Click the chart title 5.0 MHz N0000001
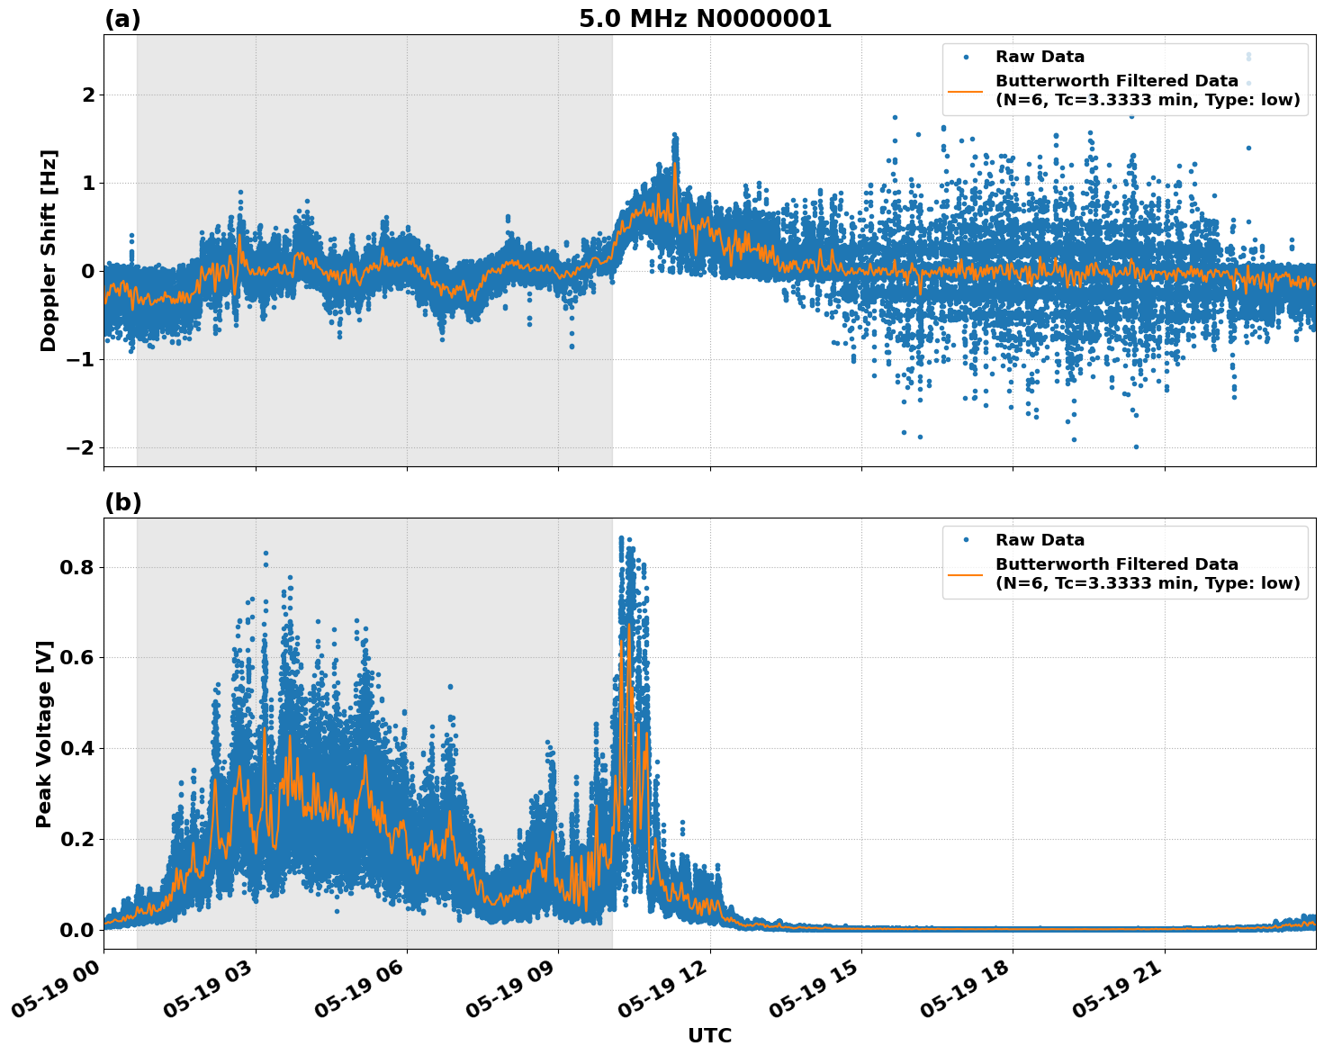tap(705, 19)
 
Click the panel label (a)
tap(122, 19)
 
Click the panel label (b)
tap(122, 502)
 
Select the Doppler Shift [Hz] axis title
tap(49, 250)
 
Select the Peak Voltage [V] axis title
tap(44, 734)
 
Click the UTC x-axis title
tap(709, 1035)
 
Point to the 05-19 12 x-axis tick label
tap(666, 994)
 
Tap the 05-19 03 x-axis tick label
tap(212, 994)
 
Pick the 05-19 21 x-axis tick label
tap(1121, 994)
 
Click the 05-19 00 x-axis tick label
tap(59, 994)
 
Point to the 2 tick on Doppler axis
tap(88, 95)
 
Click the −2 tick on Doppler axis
tap(80, 448)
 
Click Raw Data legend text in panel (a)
tap(1040, 57)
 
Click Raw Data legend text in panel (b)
tap(1040, 540)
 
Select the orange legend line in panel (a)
tap(965, 91)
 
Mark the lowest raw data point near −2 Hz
tap(1136, 446)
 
